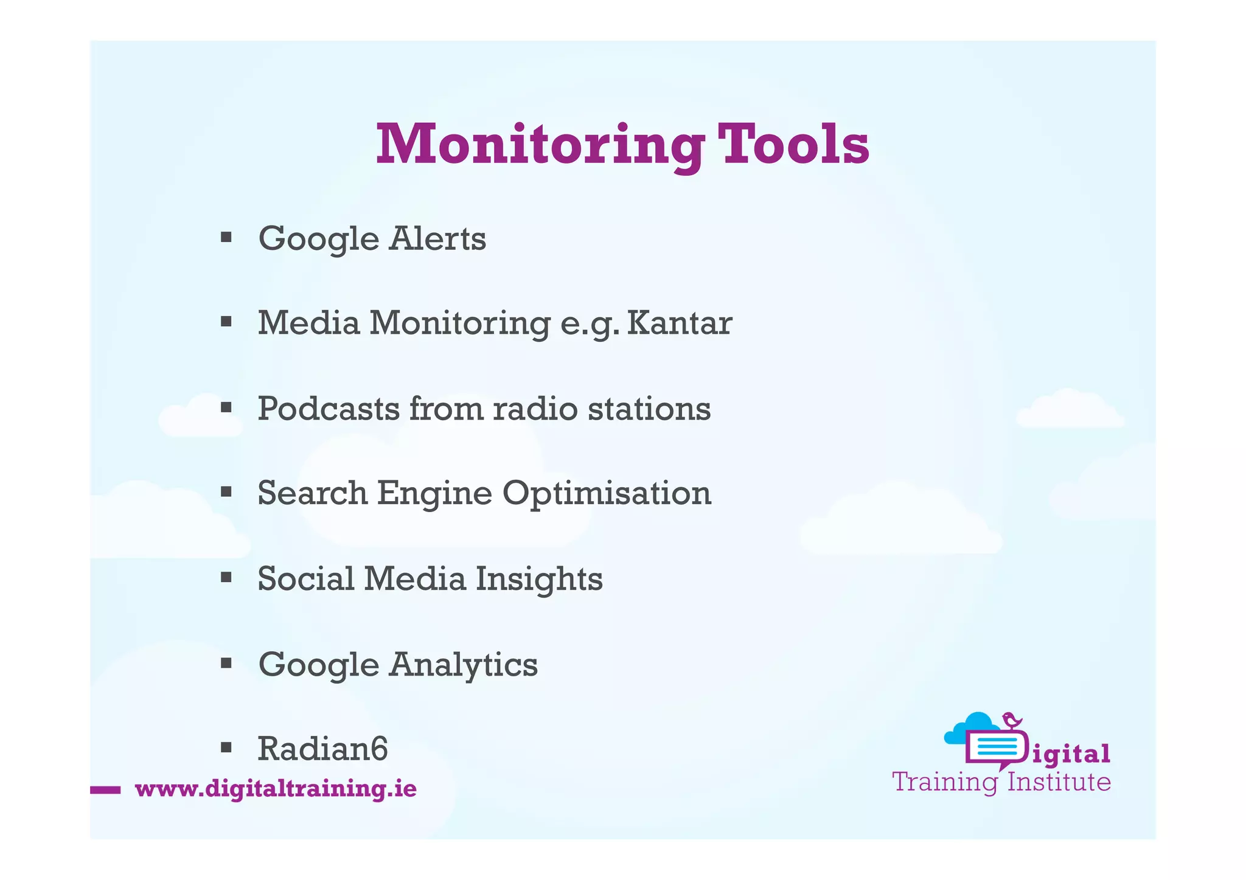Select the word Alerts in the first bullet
coord(437,238)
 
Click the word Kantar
coord(679,323)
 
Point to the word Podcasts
coord(329,408)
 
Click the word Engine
coord(434,493)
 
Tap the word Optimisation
coord(607,494)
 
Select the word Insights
coord(539,579)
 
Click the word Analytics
coord(464,665)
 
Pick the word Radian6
coord(322,749)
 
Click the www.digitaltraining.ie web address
coord(276,789)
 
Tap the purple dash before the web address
coord(105,790)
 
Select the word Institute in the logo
coord(1059,782)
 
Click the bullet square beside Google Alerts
coord(226,237)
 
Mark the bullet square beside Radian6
coord(226,747)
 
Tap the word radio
coord(535,408)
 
